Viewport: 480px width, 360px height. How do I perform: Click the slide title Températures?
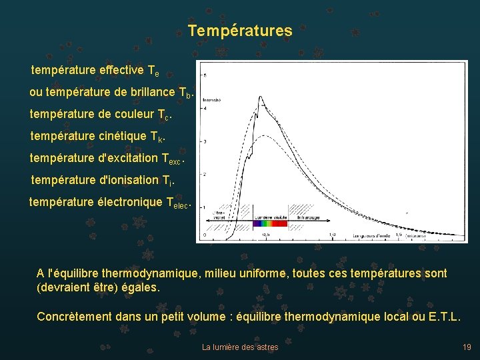(239, 31)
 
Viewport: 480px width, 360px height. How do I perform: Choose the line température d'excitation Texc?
(107, 159)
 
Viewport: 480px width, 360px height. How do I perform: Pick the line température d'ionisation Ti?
(103, 181)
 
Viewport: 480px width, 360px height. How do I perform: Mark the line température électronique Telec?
(110, 203)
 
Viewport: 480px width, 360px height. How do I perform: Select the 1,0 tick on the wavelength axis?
(332, 235)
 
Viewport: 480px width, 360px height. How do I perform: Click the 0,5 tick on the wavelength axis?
(266, 235)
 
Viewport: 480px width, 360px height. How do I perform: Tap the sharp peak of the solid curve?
(259, 97)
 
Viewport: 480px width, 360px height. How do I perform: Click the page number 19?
(467, 347)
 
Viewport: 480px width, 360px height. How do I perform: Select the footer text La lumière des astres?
(240, 347)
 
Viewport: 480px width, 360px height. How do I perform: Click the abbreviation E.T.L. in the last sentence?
(442, 316)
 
